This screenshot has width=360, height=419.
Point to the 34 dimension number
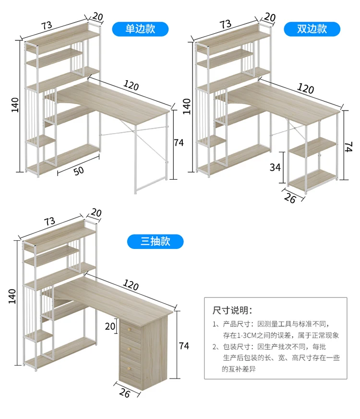275,167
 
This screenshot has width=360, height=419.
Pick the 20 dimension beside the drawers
110,327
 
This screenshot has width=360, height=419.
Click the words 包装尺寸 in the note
236,346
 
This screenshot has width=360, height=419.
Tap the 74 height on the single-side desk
179,142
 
